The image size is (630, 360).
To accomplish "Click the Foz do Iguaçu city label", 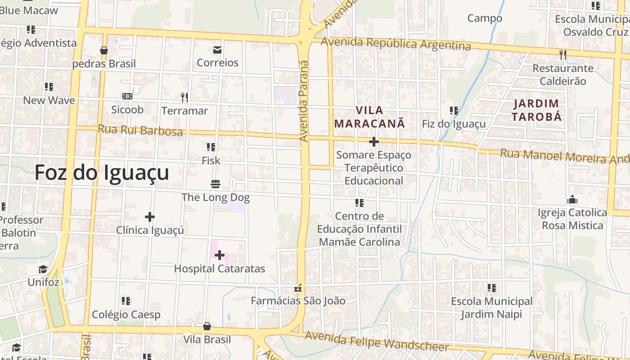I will coord(102,173).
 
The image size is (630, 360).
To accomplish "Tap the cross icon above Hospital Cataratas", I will coord(219,256).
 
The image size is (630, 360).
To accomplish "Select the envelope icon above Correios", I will coord(217,49).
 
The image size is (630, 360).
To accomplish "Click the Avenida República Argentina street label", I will coord(396,44).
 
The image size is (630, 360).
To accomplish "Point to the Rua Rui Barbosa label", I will coord(140,130).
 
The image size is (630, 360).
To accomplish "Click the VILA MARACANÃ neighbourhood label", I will coord(370,117).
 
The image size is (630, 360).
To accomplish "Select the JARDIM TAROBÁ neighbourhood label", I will coord(538,110).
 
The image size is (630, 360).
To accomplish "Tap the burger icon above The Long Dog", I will coord(215,184).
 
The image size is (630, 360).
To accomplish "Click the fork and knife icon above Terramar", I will coord(184,97).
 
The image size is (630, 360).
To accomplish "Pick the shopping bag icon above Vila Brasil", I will coord(207,326).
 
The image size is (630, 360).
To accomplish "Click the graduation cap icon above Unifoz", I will coord(43,270).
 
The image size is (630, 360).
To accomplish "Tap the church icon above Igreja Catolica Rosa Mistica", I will coord(572,199).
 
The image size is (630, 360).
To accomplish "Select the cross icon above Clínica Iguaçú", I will coord(150,217).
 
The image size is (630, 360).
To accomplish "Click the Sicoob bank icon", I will coord(127,96).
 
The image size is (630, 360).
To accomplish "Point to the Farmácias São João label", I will coord(298,301).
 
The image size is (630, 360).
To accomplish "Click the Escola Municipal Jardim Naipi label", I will coord(491,307).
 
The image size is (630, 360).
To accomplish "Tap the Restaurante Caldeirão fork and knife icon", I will coord(562,55).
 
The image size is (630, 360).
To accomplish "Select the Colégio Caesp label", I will coord(126,314).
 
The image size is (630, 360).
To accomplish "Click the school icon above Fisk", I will coord(211,147).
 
